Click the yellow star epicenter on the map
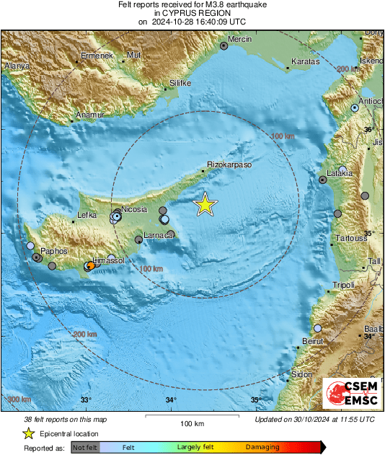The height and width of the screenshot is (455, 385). (x=205, y=205)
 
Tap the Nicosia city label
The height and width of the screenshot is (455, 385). (x=135, y=209)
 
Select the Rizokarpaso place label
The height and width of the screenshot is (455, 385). (x=229, y=165)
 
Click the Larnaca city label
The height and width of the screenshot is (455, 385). (x=158, y=235)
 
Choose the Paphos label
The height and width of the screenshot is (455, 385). (x=53, y=251)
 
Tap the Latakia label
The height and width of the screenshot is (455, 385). (x=339, y=173)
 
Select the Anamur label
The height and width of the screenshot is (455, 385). (x=90, y=115)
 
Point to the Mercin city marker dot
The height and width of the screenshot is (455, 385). (x=224, y=45)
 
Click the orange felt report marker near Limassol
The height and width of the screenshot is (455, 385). (x=90, y=266)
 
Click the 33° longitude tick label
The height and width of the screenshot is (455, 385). (x=86, y=400)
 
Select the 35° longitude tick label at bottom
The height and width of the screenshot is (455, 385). (x=256, y=400)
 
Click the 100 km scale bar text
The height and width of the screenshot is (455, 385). (x=191, y=423)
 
